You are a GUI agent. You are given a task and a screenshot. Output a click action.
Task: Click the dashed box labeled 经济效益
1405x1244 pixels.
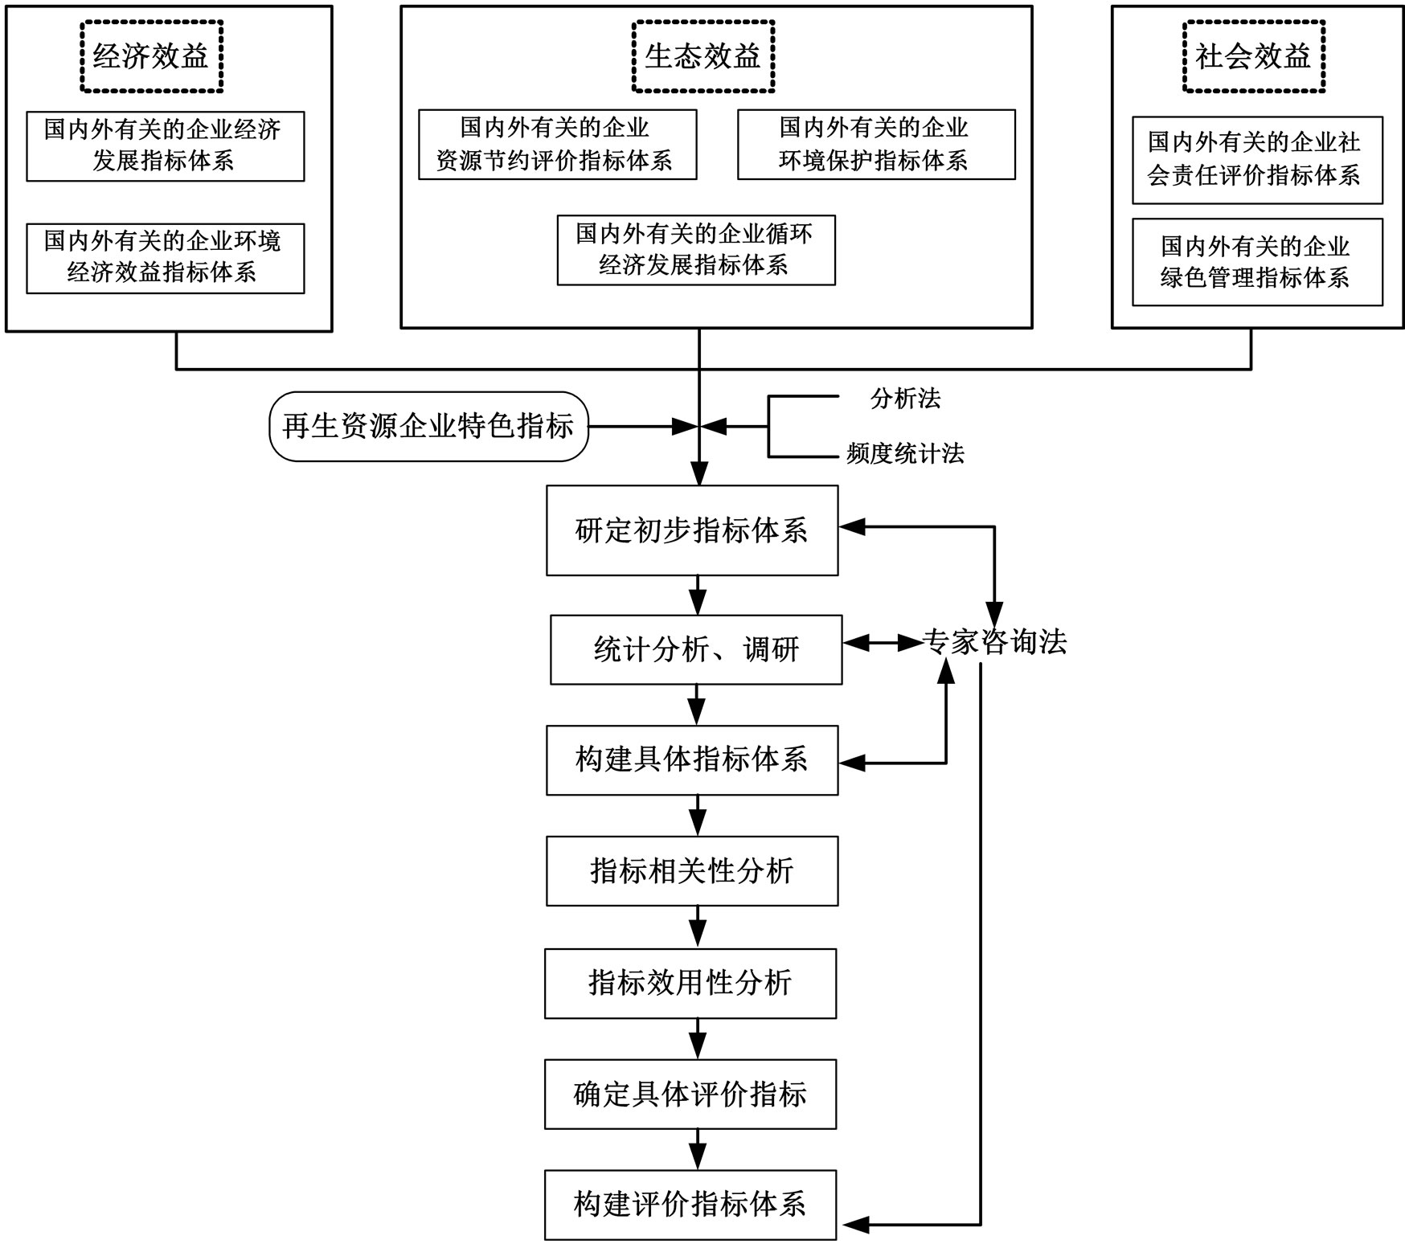pos(151,56)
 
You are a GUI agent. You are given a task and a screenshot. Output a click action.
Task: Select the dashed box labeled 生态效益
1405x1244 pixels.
pos(703,56)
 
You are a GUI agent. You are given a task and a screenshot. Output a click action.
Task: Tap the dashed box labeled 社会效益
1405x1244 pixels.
pos(1253,56)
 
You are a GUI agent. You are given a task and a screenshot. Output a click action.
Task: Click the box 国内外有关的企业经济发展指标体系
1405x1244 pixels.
pos(165,146)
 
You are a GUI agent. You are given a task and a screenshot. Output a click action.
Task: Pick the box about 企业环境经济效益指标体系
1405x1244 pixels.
pos(165,258)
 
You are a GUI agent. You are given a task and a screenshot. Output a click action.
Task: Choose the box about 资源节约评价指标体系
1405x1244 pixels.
pos(557,145)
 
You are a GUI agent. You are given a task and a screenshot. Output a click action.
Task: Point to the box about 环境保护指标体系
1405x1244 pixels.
pos(876,145)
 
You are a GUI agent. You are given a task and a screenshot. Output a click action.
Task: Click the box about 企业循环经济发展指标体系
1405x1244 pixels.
pos(696,250)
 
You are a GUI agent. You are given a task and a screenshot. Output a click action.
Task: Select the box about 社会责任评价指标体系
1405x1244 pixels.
pos(1257,160)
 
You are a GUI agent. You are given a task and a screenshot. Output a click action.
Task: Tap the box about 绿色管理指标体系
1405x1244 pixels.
pos(1257,262)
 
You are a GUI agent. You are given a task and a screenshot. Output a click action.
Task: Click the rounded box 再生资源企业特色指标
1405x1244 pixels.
pos(428,427)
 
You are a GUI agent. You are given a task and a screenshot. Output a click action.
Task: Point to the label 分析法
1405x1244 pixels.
pos(905,399)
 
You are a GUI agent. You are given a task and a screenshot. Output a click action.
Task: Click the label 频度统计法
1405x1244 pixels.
pos(905,454)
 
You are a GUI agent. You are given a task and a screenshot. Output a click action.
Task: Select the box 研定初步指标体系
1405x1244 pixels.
pos(692,530)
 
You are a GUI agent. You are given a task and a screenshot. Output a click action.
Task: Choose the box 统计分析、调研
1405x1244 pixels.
pos(696,649)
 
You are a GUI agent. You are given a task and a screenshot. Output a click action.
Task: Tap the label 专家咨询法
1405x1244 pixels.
pos(995,642)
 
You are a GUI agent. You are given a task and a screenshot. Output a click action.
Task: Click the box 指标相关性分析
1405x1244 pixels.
pos(692,871)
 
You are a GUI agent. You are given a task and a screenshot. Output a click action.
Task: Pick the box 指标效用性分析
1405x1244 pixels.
pos(690,983)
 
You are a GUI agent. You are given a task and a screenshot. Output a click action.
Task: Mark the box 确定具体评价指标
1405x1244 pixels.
pos(690,1094)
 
